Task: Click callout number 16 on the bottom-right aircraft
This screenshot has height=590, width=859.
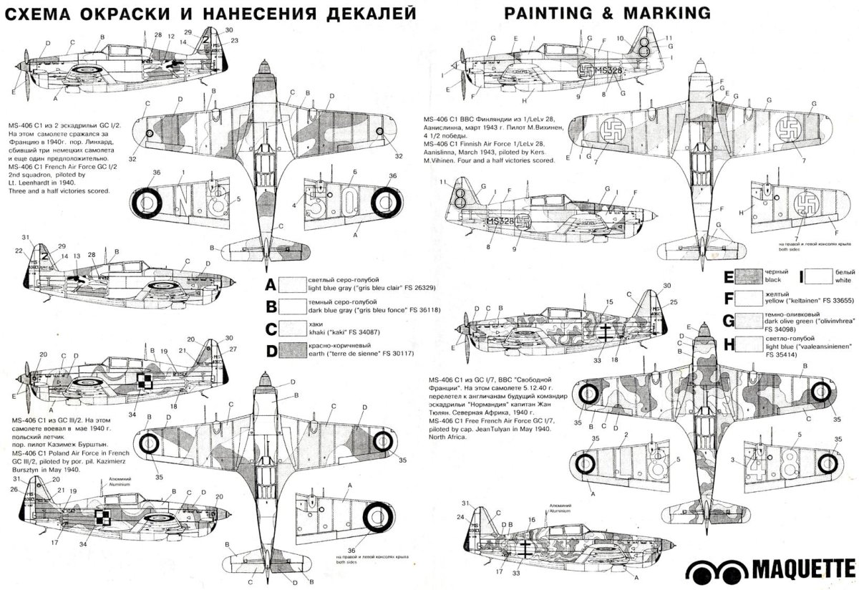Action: [531, 521]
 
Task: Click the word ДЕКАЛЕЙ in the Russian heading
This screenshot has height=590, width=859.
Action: [358, 13]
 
